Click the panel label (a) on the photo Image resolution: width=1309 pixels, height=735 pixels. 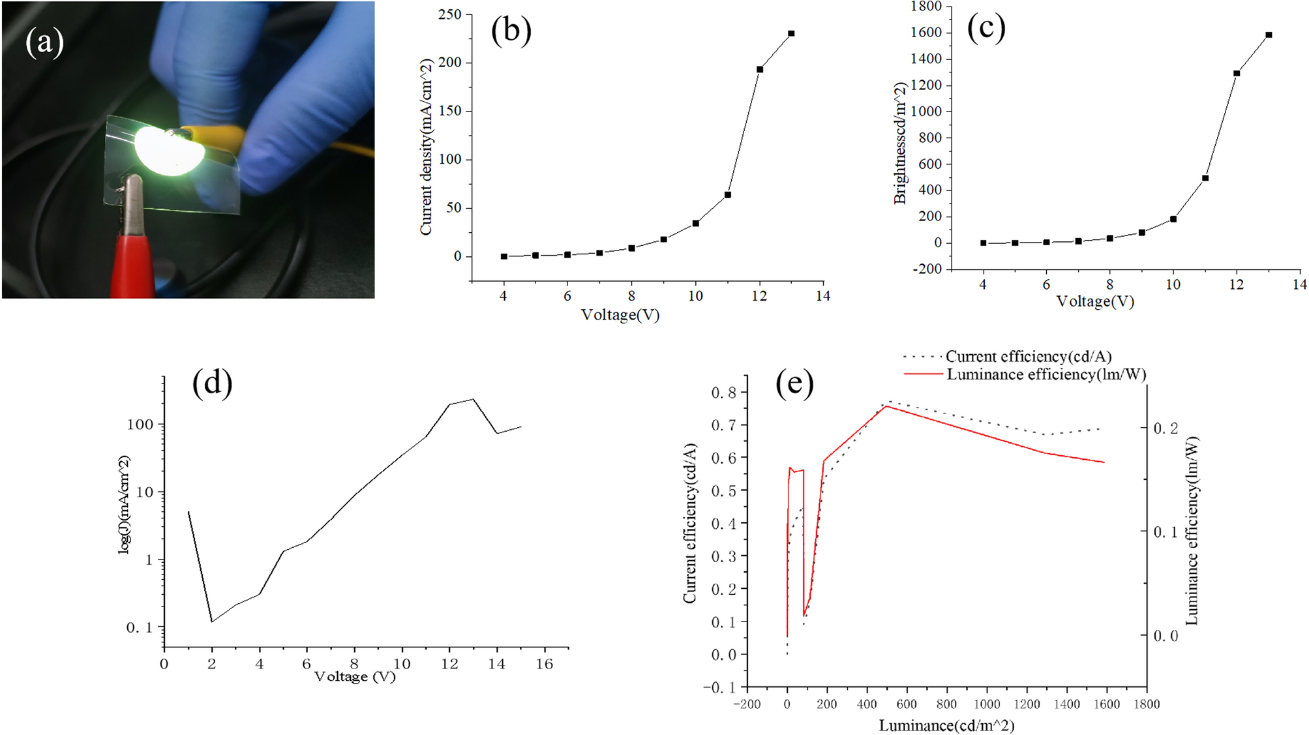click(44, 43)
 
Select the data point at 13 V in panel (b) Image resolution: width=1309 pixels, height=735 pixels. click(791, 33)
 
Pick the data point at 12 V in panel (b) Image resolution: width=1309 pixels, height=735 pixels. click(759, 69)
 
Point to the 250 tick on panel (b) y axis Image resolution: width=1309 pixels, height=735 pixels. click(450, 14)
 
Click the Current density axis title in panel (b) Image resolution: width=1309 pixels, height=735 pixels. click(426, 147)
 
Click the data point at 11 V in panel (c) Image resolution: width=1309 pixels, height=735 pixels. click(1205, 178)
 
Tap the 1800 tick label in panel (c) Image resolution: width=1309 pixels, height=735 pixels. click(926, 7)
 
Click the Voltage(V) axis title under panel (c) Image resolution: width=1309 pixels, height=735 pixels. click(1095, 301)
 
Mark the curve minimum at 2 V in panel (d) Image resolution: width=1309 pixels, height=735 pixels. click(212, 622)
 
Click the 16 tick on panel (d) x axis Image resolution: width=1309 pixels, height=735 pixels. click(544, 664)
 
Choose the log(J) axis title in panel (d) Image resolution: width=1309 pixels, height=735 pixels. click(124, 505)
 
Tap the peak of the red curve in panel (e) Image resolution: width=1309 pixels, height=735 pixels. click(886, 406)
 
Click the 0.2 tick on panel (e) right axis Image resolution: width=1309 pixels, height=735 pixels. click(1166, 428)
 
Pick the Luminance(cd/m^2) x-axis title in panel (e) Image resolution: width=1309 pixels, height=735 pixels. click(946, 725)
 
